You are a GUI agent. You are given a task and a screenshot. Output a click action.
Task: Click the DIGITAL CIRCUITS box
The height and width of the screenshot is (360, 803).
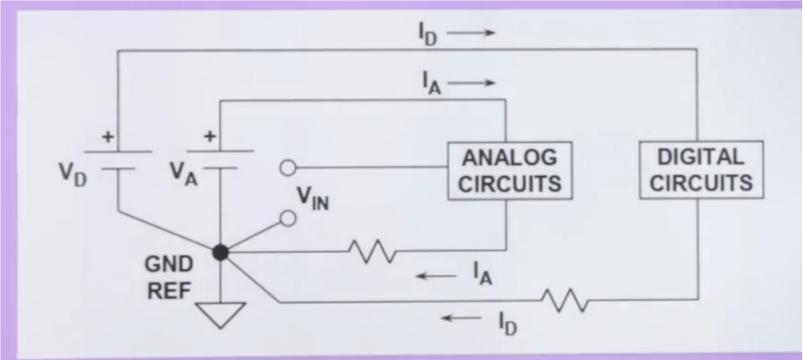click(701, 170)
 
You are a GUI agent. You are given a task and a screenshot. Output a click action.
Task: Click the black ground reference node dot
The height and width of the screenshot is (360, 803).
click(221, 252)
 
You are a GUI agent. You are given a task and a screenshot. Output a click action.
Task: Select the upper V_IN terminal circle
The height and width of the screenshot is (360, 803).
click(289, 168)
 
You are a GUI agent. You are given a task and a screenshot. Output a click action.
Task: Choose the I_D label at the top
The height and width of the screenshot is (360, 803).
click(428, 33)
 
